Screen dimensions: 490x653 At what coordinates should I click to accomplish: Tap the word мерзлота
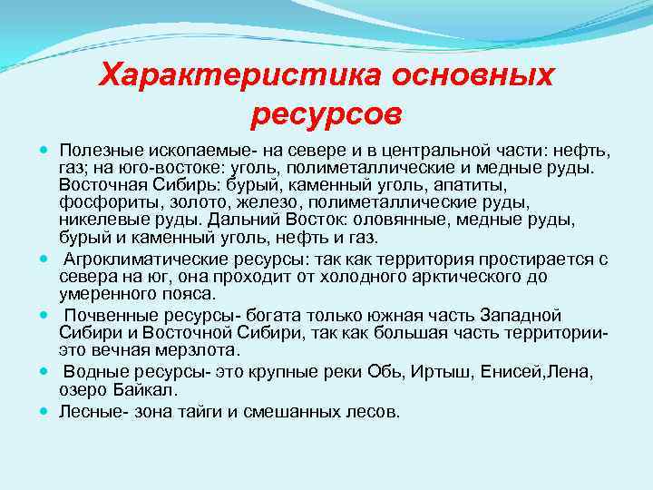coord(195,349)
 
